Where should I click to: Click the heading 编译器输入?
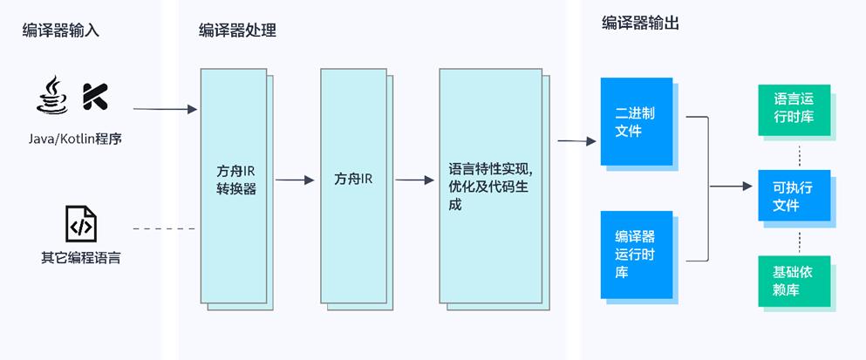(61, 31)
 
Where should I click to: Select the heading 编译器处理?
(238, 31)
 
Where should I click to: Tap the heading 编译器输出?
(641, 24)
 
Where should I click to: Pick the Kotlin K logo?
(95, 97)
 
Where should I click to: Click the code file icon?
(80, 224)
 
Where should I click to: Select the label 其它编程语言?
(80, 259)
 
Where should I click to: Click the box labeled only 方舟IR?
(352, 180)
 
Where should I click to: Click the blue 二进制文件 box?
(636, 122)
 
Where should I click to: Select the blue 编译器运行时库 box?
(636, 255)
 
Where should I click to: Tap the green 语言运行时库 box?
(793, 110)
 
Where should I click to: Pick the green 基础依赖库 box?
(793, 280)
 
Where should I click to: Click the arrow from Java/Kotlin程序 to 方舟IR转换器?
(166, 109)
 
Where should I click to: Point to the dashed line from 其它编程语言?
(164, 228)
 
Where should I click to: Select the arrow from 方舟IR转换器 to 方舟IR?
(294, 180)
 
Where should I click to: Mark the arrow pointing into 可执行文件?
(731, 186)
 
